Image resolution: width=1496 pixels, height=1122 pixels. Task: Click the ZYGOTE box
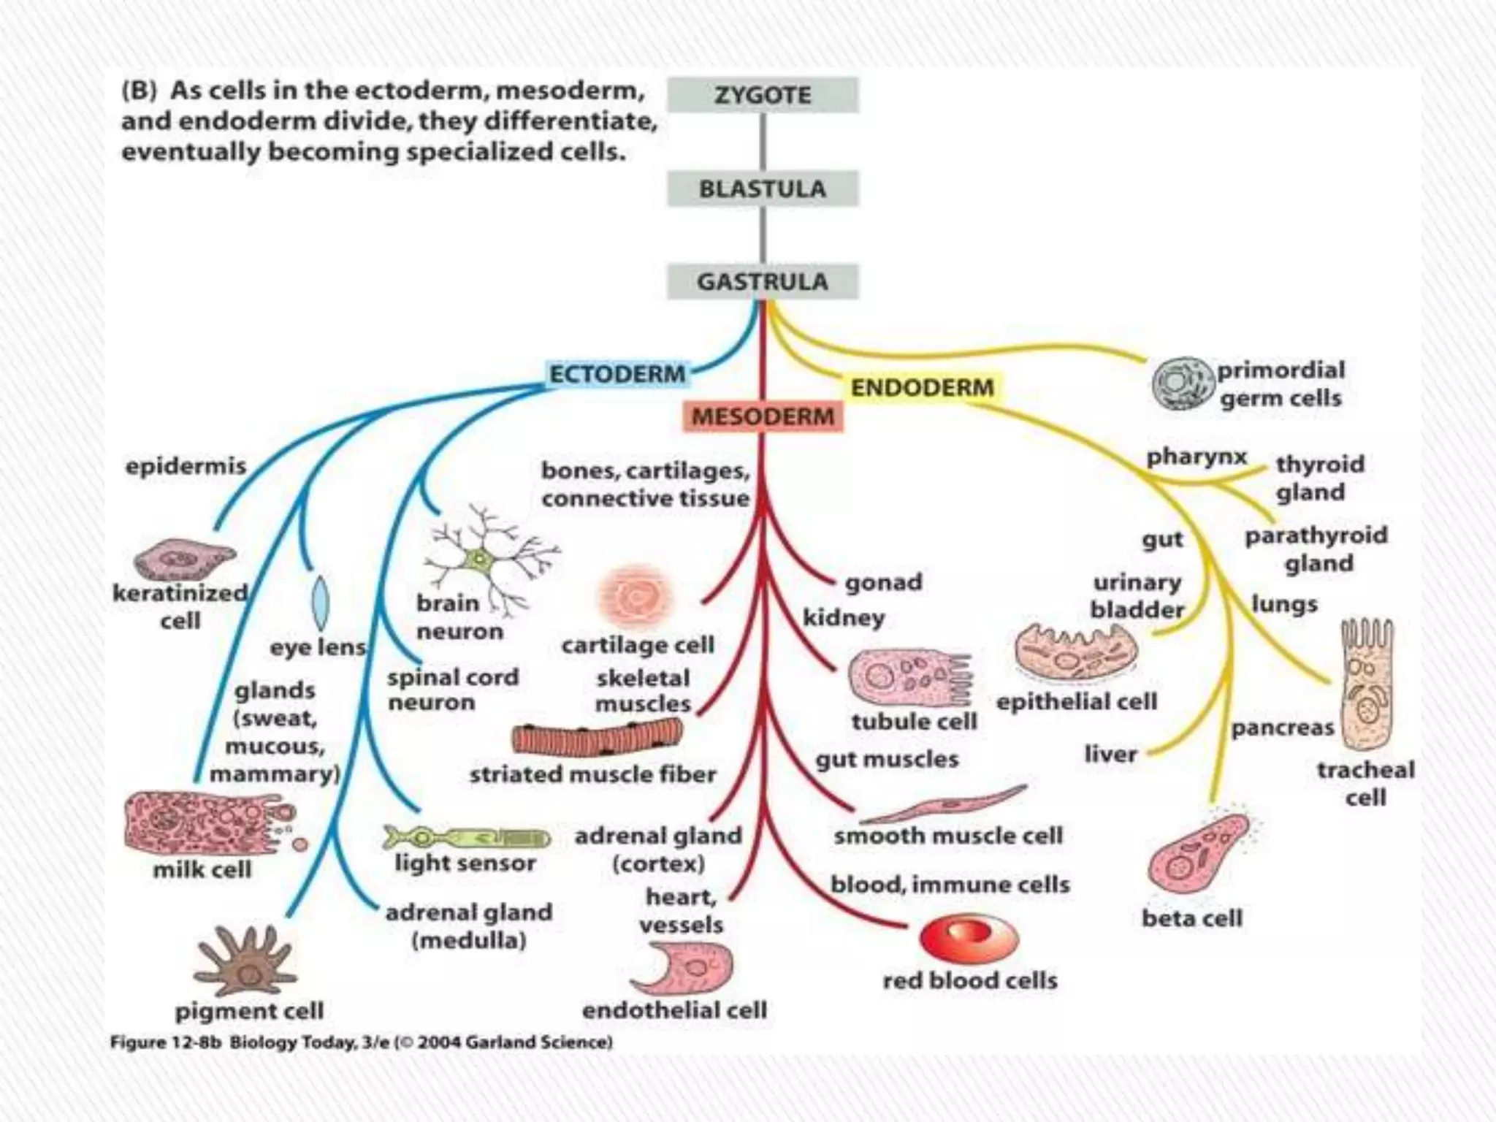763,95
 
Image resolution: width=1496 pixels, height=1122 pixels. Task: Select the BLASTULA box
763,189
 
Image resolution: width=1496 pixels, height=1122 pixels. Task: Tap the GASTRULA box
763,282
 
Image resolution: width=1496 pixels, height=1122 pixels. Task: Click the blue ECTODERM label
617,374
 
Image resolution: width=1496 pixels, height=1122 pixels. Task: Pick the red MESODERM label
763,416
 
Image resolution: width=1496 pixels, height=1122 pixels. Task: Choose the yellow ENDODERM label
922,387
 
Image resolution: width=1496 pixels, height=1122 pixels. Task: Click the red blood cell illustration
969,939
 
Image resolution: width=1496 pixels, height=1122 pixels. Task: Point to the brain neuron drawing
482,559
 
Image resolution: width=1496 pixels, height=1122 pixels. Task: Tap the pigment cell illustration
246,961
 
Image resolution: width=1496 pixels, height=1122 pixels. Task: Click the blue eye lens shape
320,603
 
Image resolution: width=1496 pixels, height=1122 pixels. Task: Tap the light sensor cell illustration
466,837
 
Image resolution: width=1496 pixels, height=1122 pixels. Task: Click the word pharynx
1196,457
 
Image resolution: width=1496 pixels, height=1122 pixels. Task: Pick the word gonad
883,582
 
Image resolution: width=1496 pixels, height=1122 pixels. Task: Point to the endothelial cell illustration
683,968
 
